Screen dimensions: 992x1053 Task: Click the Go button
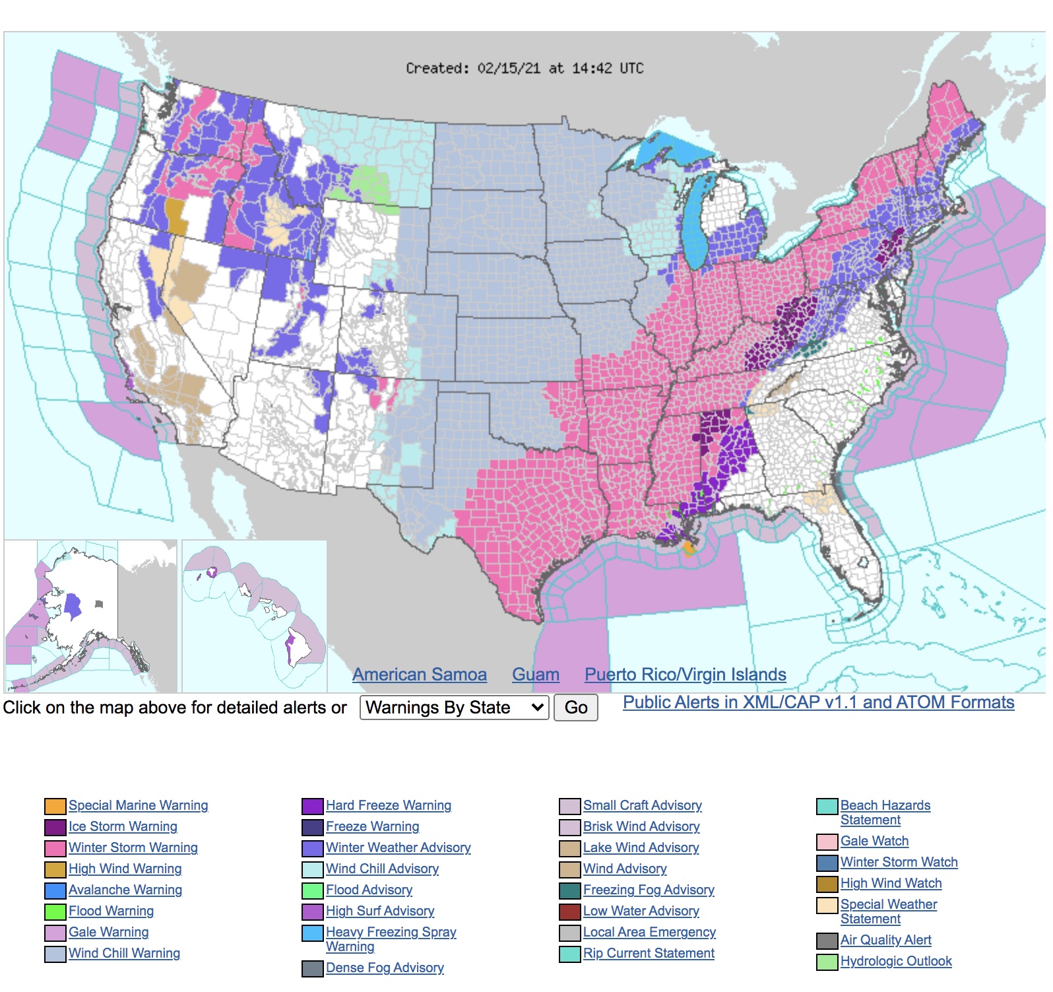pyautogui.click(x=575, y=708)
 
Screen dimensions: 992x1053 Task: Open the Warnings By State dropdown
pyautogui.click(x=454, y=708)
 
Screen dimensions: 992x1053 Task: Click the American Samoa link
pyautogui.click(x=419, y=675)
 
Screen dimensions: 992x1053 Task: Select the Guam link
pyautogui.click(x=535, y=675)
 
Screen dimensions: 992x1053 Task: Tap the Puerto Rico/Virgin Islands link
pyautogui.click(x=685, y=675)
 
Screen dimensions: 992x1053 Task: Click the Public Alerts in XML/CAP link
pyautogui.click(x=818, y=702)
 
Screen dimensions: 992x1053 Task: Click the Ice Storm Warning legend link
pyautogui.click(x=123, y=826)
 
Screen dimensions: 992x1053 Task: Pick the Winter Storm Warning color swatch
pyautogui.click(x=55, y=848)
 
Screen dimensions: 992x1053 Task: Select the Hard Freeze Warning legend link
pyautogui.click(x=388, y=805)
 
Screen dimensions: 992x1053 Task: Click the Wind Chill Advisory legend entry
pyautogui.click(x=382, y=869)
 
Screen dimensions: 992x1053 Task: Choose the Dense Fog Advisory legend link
pyautogui.click(x=385, y=968)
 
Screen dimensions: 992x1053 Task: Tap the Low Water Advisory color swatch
pyautogui.click(x=570, y=911)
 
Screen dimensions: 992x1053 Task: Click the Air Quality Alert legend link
pyautogui.click(x=885, y=940)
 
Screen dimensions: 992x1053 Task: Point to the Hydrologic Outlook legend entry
pyautogui.click(x=895, y=961)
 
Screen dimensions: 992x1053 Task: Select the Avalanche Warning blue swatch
pyautogui.click(x=55, y=890)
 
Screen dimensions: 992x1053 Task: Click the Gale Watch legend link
pyautogui.click(x=874, y=841)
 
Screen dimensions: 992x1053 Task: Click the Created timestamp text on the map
pyautogui.click(x=525, y=68)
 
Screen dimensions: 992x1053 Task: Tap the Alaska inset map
pyautogui.click(x=90, y=615)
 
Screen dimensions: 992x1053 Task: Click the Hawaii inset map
pyautogui.click(x=254, y=615)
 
